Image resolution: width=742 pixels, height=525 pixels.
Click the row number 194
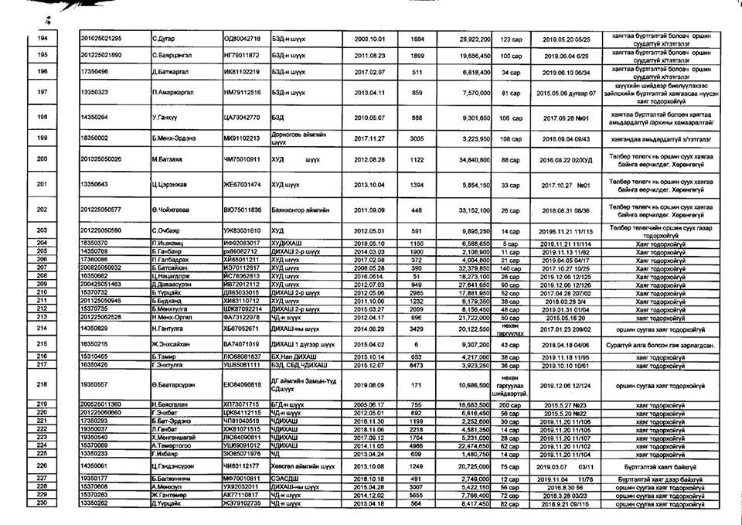(43, 38)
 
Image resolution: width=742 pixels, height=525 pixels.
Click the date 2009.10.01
(369, 38)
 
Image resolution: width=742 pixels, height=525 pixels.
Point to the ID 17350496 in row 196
(94, 72)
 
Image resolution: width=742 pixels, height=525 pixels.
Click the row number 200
(43, 159)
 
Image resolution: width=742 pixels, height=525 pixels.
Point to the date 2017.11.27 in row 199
(369, 139)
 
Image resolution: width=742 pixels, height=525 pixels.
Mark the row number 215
(43, 343)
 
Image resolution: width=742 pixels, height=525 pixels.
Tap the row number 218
(43, 384)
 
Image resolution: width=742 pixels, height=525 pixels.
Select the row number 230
(43, 503)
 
